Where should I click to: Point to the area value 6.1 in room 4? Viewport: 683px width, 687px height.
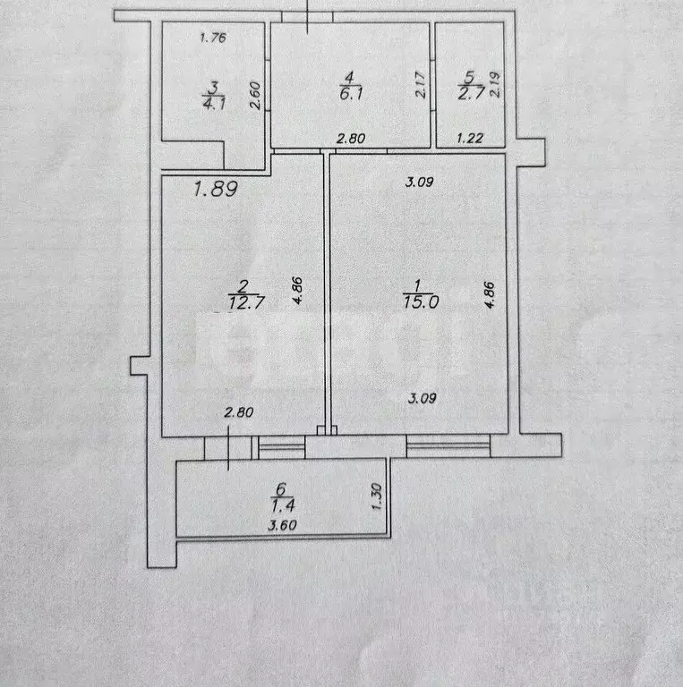pyautogui.click(x=353, y=92)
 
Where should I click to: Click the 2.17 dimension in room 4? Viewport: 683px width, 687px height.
pyautogui.click(x=419, y=86)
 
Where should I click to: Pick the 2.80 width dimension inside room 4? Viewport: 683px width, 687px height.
pyautogui.click(x=350, y=139)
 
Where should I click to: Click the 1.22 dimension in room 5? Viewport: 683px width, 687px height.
pyautogui.click(x=471, y=139)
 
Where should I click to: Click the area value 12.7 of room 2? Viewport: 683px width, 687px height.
pyautogui.click(x=243, y=301)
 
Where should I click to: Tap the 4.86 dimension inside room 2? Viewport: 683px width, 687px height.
pyautogui.click(x=298, y=292)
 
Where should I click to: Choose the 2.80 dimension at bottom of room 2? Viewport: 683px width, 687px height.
pyautogui.click(x=239, y=412)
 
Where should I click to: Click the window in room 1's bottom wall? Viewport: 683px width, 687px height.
pyautogui.click(x=448, y=445)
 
